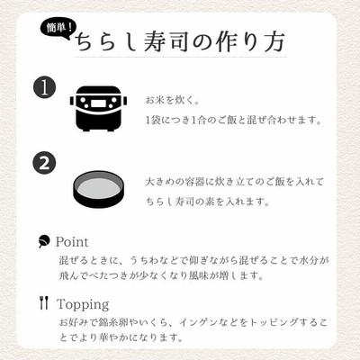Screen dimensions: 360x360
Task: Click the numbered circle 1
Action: [44, 87]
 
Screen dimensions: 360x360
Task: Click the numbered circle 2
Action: [44, 163]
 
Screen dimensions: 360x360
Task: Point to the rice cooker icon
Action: [98, 108]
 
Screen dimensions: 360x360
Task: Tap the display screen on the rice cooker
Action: [98, 103]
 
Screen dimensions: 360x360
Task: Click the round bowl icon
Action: [99, 189]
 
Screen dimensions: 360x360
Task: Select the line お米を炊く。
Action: [173, 101]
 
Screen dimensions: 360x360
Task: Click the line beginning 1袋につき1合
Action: [234, 121]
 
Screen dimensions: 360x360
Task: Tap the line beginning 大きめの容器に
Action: [235, 182]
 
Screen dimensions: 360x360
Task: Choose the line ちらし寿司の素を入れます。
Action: [208, 202]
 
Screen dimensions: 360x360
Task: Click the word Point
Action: [72, 242]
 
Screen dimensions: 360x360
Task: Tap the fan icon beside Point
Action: [44, 241]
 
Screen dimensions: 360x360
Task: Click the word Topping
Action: [83, 304]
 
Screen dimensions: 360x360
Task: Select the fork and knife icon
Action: [44, 302]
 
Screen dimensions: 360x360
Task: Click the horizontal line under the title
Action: [181, 57]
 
